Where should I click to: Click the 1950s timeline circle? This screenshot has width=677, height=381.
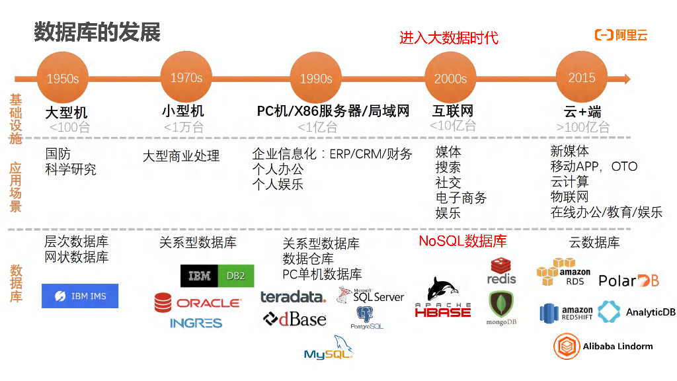pos(63,79)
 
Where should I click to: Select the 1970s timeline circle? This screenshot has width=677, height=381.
pos(186,78)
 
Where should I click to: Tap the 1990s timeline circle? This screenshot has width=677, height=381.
pos(316,79)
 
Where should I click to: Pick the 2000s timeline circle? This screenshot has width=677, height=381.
pos(450,79)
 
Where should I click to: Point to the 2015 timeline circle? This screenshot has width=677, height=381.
pos(582,78)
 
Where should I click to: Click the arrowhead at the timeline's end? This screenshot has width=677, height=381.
pos(626,79)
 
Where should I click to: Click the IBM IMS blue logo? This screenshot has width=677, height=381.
pos(80,296)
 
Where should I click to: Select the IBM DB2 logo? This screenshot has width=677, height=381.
pos(217,276)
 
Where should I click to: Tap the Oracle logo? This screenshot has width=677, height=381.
pos(198,303)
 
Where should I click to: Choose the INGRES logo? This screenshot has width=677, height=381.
pos(196,323)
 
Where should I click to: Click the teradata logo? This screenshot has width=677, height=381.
pos(293,297)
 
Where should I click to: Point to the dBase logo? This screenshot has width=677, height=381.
pos(295,319)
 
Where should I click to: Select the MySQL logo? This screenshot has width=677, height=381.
pos(329,349)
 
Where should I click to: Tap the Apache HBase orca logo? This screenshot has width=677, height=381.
pos(442,298)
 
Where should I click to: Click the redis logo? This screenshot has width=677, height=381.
pos(501,271)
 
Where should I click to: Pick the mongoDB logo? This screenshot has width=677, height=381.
pos(502,308)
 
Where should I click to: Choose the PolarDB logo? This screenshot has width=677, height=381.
pos(629,280)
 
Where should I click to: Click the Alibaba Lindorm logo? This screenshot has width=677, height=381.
pos(603,346)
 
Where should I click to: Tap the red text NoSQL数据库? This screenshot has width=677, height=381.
pos(463,241)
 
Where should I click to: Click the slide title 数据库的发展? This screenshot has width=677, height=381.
pos(97,32)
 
